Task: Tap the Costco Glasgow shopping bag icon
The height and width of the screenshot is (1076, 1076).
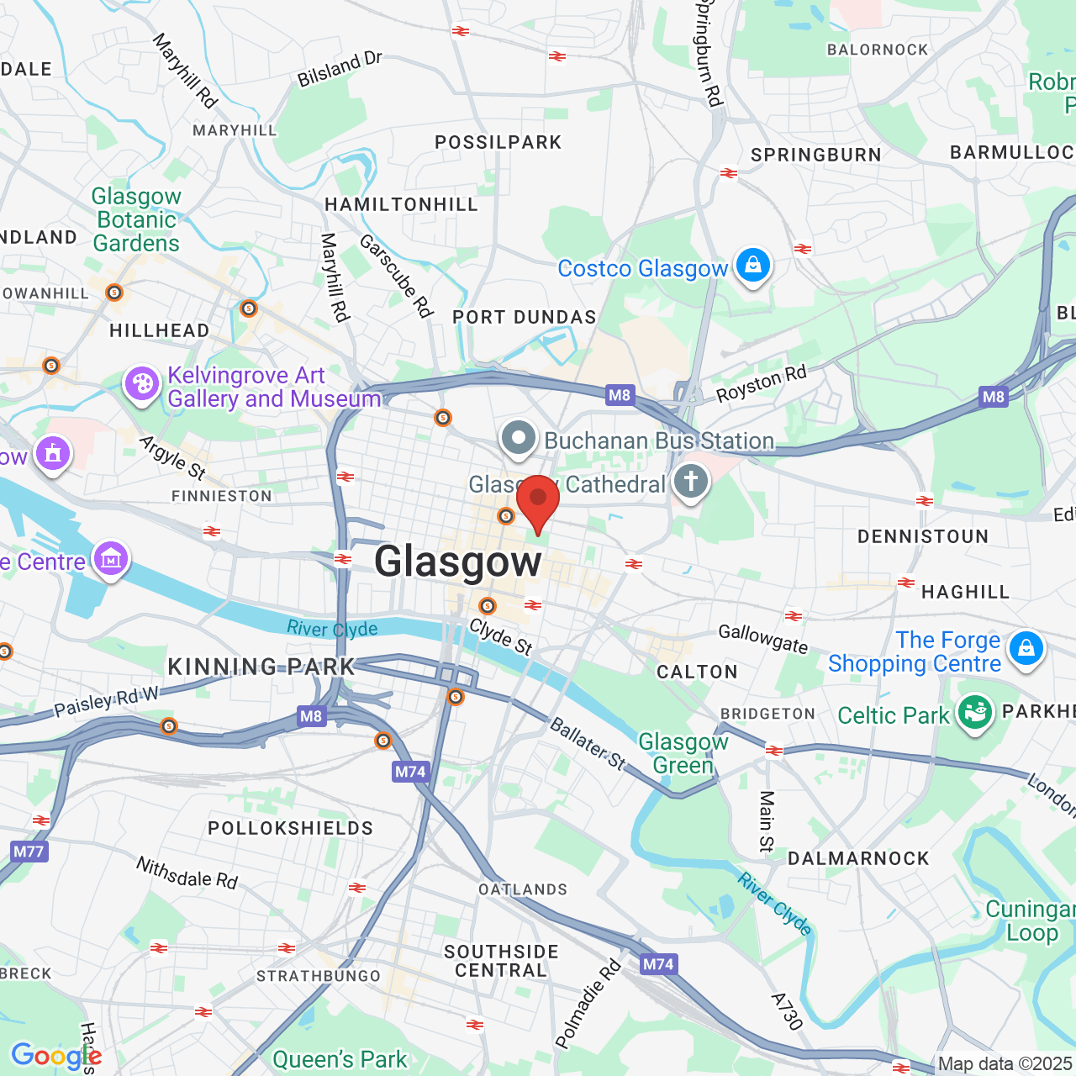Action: pyautogui.click(x=752, y=266)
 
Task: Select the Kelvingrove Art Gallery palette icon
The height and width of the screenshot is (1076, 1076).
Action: pyautogui.click(x=142, y=385)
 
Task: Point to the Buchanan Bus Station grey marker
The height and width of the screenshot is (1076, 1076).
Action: pyautogui.click(x=519, y=439)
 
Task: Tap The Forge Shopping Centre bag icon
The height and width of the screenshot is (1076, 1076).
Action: pyautogui.click(x=1026, y=649)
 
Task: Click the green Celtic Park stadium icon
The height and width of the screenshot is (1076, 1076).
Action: pyautogui.click(x=974, y=714)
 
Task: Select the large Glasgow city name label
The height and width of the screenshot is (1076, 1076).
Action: pyautogui.click(x=457, y=561)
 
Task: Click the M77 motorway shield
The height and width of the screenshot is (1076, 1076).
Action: pyautogui.click(x=28, y=852)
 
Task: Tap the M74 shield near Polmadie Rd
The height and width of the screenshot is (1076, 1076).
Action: pyautogui.click(x=658, y=964)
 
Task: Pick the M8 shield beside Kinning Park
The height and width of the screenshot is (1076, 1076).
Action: pyautogui.click(x=311, y=716)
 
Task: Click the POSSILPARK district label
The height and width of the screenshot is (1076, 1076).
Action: pyautogui.click(x=498, y=142)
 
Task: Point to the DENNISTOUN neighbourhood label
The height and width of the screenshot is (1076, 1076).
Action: pyautogui.click(x=922, y=536)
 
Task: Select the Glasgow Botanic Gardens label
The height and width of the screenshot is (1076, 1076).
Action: pyautogui.click(x=136, y=219)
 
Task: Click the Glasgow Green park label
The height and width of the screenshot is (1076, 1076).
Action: pyautogui.click(x=683, y=753)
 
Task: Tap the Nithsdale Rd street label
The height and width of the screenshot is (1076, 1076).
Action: pyautogui.click(x=187, y=873)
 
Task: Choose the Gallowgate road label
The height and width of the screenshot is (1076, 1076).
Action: pyautogui.click(x=762, y=639)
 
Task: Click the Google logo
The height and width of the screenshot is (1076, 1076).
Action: pyautogui.click(x=55, y=1056)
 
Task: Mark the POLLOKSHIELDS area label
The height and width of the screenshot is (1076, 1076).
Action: pyautogui.click(x=290, y=828)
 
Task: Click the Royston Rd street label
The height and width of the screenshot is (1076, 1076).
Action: pyautogui.click(x=761, y=383)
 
